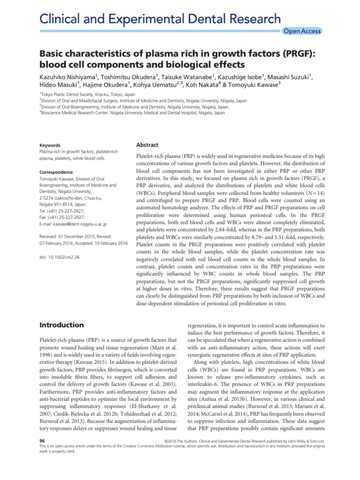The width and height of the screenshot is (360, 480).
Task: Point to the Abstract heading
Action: [147, 145]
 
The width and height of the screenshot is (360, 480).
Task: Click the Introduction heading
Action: [61, 325]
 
